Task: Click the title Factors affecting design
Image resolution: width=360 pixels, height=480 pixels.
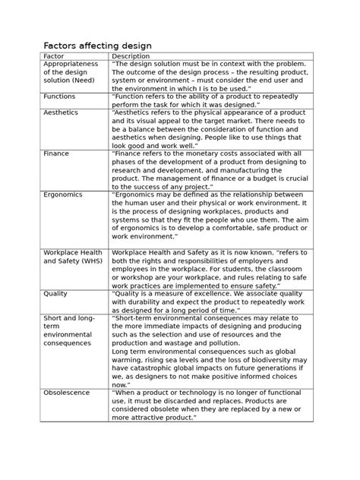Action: click(x=97, y=46)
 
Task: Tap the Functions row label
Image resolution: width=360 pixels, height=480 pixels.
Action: click(x=59, y=97)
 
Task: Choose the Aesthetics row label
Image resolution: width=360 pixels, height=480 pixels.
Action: click(x=61, y=112)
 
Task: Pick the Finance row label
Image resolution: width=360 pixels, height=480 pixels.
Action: click(x=56, y=153)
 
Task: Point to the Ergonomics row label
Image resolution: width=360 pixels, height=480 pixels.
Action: click(x=64, y=194)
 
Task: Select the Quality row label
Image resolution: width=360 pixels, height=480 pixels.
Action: click(x=55, y=293)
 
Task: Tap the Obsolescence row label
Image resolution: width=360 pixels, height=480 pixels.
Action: click(x=67, y=393)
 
